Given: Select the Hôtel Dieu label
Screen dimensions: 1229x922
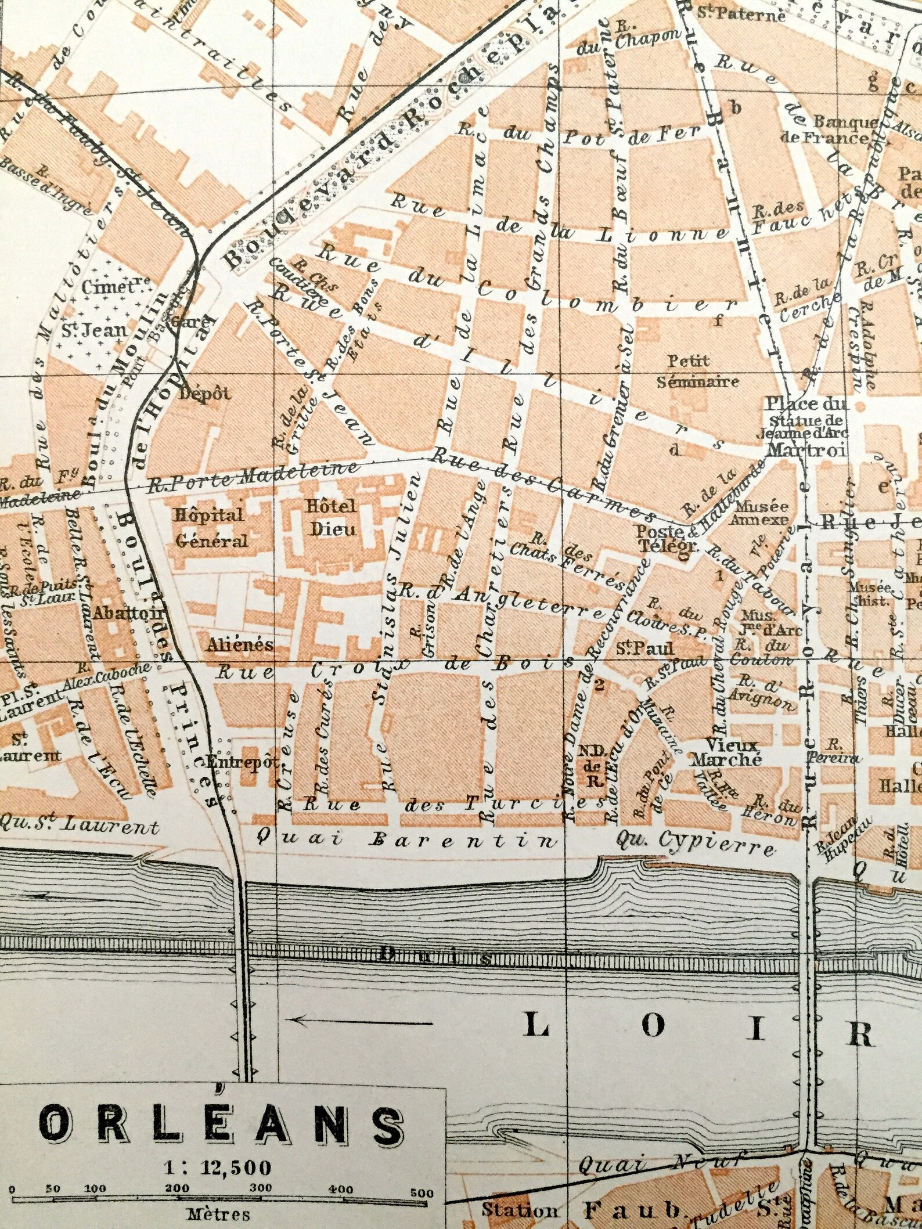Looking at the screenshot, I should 331,517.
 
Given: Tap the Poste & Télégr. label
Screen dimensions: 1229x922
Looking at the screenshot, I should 660,538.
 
